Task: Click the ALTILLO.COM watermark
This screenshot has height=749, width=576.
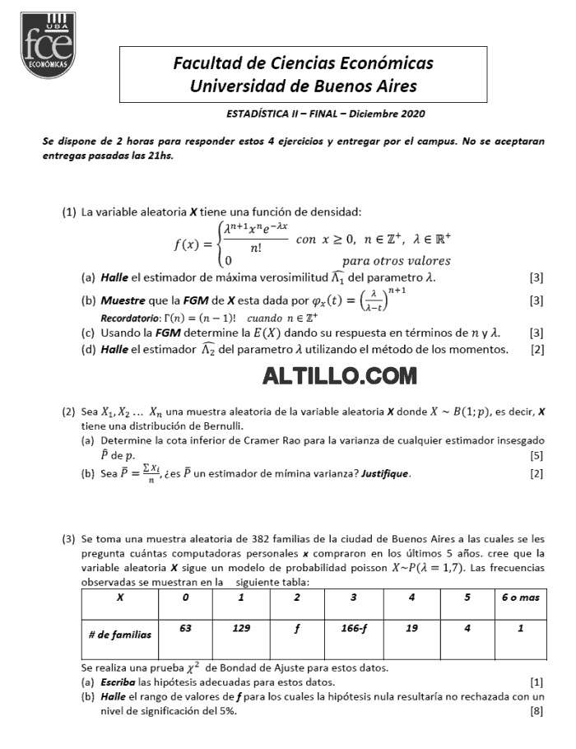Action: point(339,376)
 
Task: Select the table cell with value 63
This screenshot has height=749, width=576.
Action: point(185,628)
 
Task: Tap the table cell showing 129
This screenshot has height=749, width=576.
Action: point(241,628)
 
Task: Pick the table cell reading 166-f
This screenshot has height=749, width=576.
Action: point(354,628)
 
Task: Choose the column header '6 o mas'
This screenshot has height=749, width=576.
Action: point(521,598)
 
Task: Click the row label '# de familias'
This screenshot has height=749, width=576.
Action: point(120,635)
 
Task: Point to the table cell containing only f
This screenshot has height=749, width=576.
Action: point(297,628)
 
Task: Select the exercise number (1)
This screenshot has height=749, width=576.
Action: point(70,212)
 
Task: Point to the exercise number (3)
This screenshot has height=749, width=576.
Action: point(70,540)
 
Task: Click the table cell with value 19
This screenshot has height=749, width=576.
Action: point(411,628)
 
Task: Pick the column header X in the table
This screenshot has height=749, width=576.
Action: point(121,598)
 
